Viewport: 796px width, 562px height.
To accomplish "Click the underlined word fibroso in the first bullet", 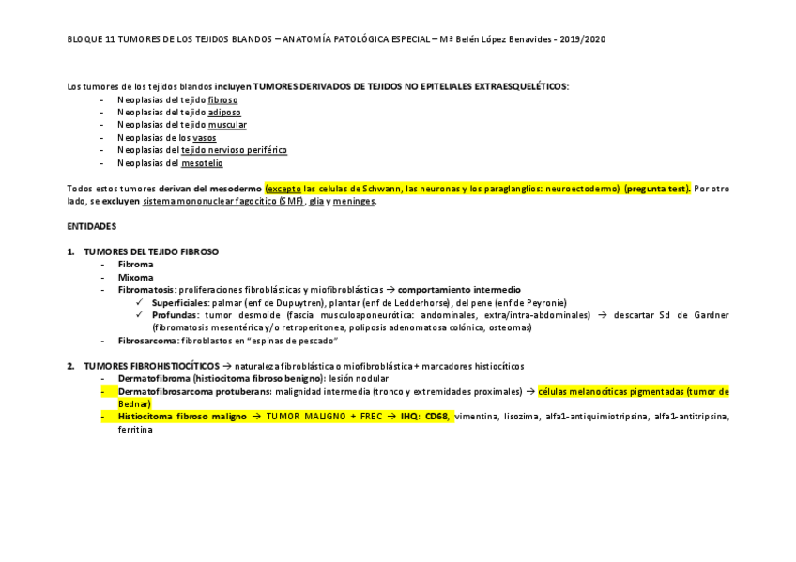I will click(222, 99).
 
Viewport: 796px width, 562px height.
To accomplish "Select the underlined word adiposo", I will click(224, 112).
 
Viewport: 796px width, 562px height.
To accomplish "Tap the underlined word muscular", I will click(227, 124).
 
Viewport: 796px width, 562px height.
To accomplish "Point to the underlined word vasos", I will click(204, 137).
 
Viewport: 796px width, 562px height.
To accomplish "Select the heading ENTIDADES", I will click(92, 226).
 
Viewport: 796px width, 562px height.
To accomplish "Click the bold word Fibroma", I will click(135, 265).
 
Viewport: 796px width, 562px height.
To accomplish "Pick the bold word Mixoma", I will click(135, 277).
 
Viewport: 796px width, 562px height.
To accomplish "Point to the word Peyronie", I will click(543, 303).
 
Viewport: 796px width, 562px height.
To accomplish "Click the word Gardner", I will click(707, 315).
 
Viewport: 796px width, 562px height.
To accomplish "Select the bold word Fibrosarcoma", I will click(147, 341).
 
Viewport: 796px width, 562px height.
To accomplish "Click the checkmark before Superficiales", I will click(140, 303).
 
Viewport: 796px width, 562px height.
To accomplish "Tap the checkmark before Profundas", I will click(140, 315).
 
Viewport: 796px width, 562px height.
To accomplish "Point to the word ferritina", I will click(135, 429).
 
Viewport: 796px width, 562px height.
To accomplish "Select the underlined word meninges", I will click(355, 201).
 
